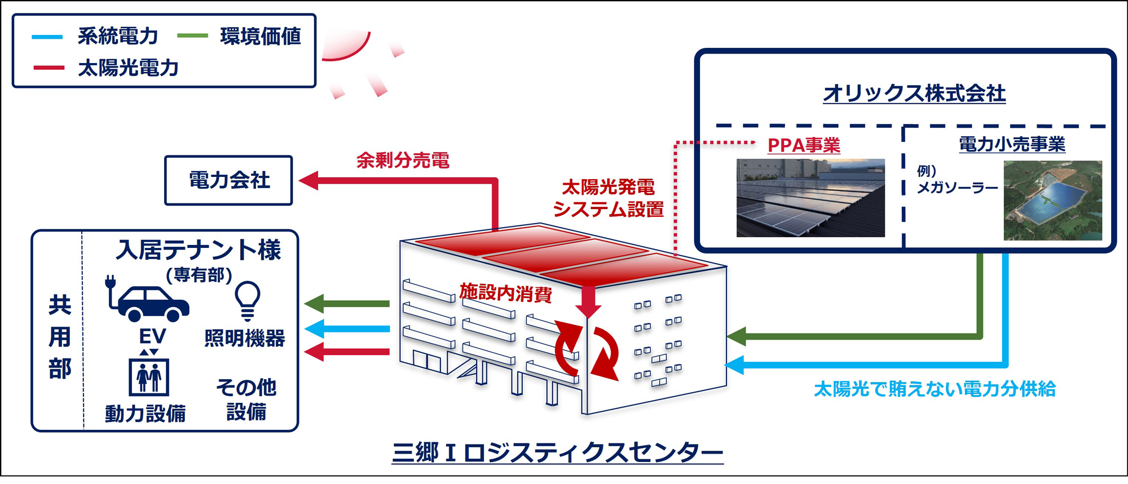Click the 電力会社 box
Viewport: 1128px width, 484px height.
click(x=228, y=180)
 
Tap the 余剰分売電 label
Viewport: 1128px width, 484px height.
click(x=403, y=161)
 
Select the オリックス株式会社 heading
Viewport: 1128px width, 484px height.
click(x=914, y=93)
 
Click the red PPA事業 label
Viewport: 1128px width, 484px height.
click(x=804, y=145)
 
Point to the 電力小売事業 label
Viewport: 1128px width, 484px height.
click(x=1012, y=144)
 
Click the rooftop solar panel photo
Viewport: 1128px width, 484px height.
click(x=810, y=198)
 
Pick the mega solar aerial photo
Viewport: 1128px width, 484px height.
click(x=1052, y=200)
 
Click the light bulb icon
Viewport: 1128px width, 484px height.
click(x=247, y=299)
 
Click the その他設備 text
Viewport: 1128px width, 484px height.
click(x=246, y=399)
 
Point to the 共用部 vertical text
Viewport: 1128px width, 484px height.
click(x=60, y=337)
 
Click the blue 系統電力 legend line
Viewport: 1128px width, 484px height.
click(x=47, y=37)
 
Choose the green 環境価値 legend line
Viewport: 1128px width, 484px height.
click(x=192, y=36)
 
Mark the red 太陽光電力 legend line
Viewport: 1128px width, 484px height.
click(x=49, y=68)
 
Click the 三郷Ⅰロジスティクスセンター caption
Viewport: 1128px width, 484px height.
click(x=557, y=452)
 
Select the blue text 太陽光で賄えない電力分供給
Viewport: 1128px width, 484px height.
click(x=935, y=389)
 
